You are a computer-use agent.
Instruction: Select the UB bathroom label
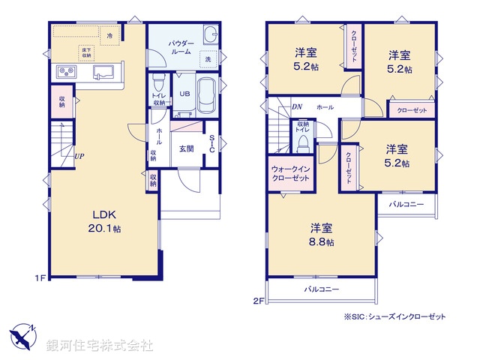click(184, 94)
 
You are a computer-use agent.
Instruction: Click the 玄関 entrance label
click(187, 148)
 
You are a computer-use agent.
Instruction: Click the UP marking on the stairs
click(79, 157)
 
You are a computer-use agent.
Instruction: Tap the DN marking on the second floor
click(297, 107)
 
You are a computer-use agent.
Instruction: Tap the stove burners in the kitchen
click(65, 72)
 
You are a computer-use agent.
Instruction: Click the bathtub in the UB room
click(208, 94)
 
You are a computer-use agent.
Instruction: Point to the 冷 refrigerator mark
click(110, 35)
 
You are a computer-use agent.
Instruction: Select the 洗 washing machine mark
click(208, 58)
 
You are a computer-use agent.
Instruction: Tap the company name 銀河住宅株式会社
click(99, 345)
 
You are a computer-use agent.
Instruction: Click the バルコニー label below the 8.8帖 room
click(321, 289)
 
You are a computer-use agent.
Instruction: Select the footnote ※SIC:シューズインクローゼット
click(394, 316)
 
